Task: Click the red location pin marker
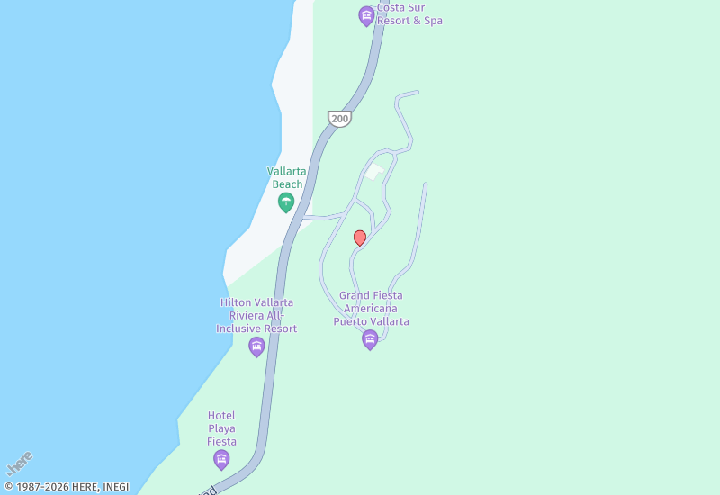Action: (x=360, y=238)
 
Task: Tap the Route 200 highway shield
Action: (x=339, y=119)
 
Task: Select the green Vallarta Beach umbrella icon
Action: (x=286, y=202)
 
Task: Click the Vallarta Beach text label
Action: (x=287, y=178)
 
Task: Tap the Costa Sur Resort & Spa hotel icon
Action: (x=366, y=15)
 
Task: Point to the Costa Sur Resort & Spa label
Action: (x=409, y=14)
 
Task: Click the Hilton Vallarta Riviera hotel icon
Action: (x=256, y=346)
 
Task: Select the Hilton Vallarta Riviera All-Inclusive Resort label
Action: (x=256, y=316)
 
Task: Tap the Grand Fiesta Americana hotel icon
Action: (x=370, y=339)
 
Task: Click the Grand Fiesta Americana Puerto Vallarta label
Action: (x=371, y=309)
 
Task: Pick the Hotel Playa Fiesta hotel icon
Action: (x=221, y=460)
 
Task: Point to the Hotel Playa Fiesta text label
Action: (x=222, y=428)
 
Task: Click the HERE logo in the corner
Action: (x=20, y=463)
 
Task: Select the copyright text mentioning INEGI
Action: (x=67, y=487)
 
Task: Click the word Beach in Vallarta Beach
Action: (x=288, y=184)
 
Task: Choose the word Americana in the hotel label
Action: (x=371, y=309)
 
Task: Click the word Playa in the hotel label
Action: (x=222, y=428)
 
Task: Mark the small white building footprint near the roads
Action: (x=374, y=171)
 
